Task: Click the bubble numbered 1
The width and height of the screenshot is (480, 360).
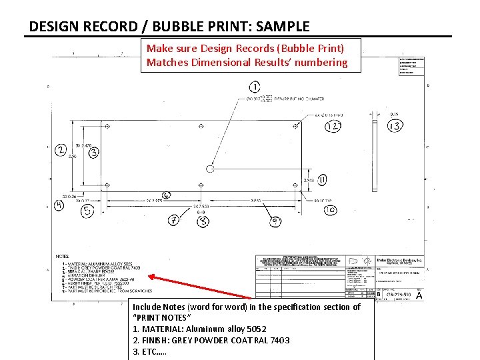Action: point(255,87)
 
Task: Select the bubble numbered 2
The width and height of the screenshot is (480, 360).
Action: point(61,150)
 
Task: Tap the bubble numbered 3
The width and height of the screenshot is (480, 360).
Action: point(94,153)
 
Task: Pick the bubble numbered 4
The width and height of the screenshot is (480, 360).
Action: point(60,205)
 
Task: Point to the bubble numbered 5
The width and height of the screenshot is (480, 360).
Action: point(87,211)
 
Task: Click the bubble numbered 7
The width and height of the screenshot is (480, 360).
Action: point(175,220)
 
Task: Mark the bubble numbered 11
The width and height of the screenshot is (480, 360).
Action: point(323,180)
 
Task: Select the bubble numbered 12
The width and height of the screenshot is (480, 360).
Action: point(333,126)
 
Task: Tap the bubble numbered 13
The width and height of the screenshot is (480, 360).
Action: point(394,126)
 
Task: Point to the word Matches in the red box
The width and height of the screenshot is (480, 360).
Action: point(167,63)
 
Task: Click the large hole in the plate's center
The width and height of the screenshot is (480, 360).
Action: point(211,169)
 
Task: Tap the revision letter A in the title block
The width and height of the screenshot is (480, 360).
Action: point(419,295)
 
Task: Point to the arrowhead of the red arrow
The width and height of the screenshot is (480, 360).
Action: point(150,275)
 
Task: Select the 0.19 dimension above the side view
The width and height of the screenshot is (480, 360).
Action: point(395,114)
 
